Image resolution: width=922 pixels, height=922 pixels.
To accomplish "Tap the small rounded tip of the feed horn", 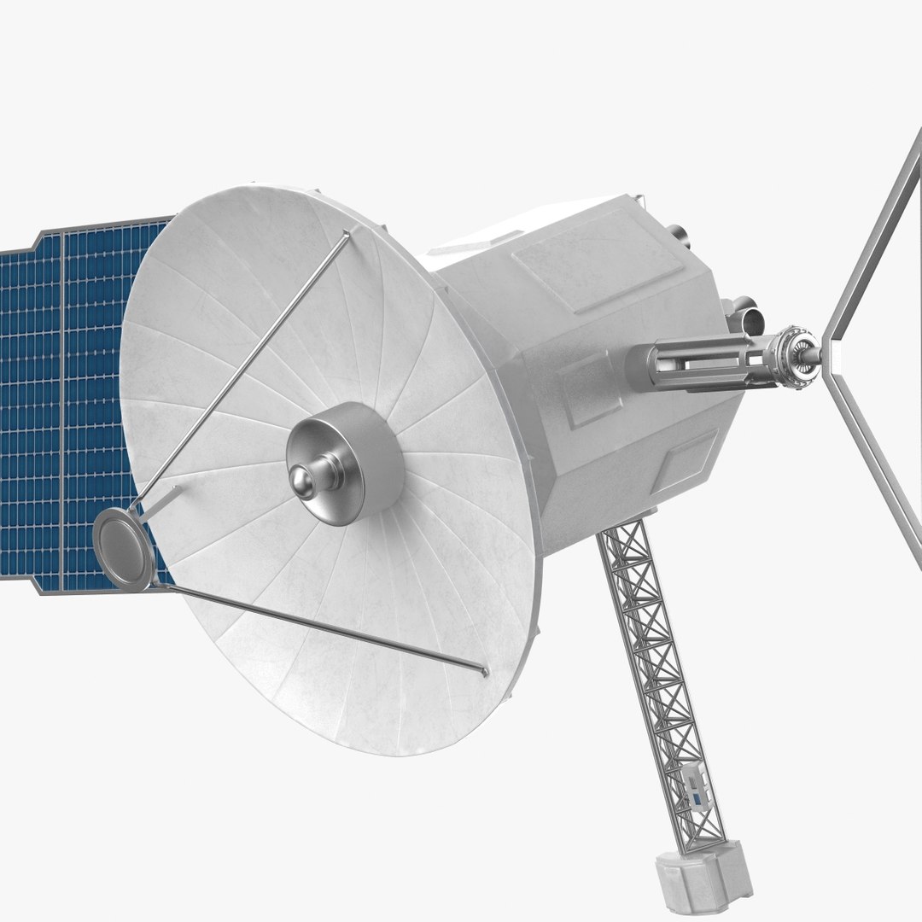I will pos(301,475).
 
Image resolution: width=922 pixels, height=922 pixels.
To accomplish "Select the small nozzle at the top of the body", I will pos(679,232).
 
